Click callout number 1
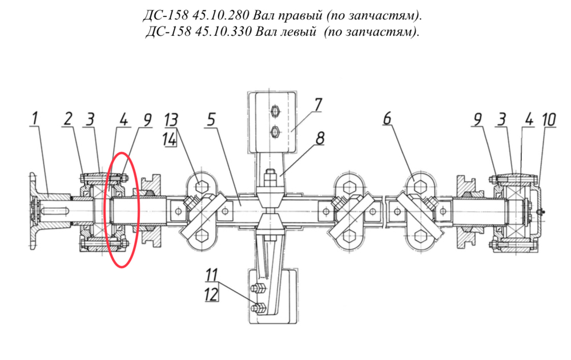click(35, 119)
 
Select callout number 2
click(68, 119)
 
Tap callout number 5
click(211, 119)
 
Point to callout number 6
click(387, 119)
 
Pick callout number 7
click(318, 105)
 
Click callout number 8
click(320, 138)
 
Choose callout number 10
click(549, 120)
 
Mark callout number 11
click(212, 275)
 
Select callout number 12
click(211, 294)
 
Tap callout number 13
click(171, 120)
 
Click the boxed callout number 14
click(170, 139)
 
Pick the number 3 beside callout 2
click(90, 119)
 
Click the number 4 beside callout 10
click(529, 119)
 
